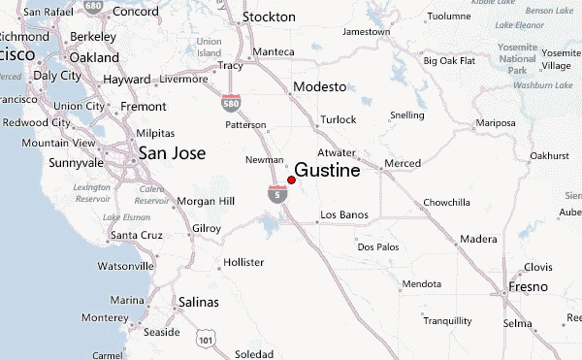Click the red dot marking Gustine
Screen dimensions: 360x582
tap(292, 180)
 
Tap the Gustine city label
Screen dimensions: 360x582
tap(327, 171)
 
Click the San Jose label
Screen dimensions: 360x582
tap(172, 151)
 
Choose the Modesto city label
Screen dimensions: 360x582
tap(319, 86)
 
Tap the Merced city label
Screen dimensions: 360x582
tap(403, 162)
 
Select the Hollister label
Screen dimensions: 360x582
tap(243, 263)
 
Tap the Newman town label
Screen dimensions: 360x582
tap(265, 160)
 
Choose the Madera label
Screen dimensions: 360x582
tap(478, 239)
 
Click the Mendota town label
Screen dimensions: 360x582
tap(422, 284)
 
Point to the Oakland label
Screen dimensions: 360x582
tap(94, 57)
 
